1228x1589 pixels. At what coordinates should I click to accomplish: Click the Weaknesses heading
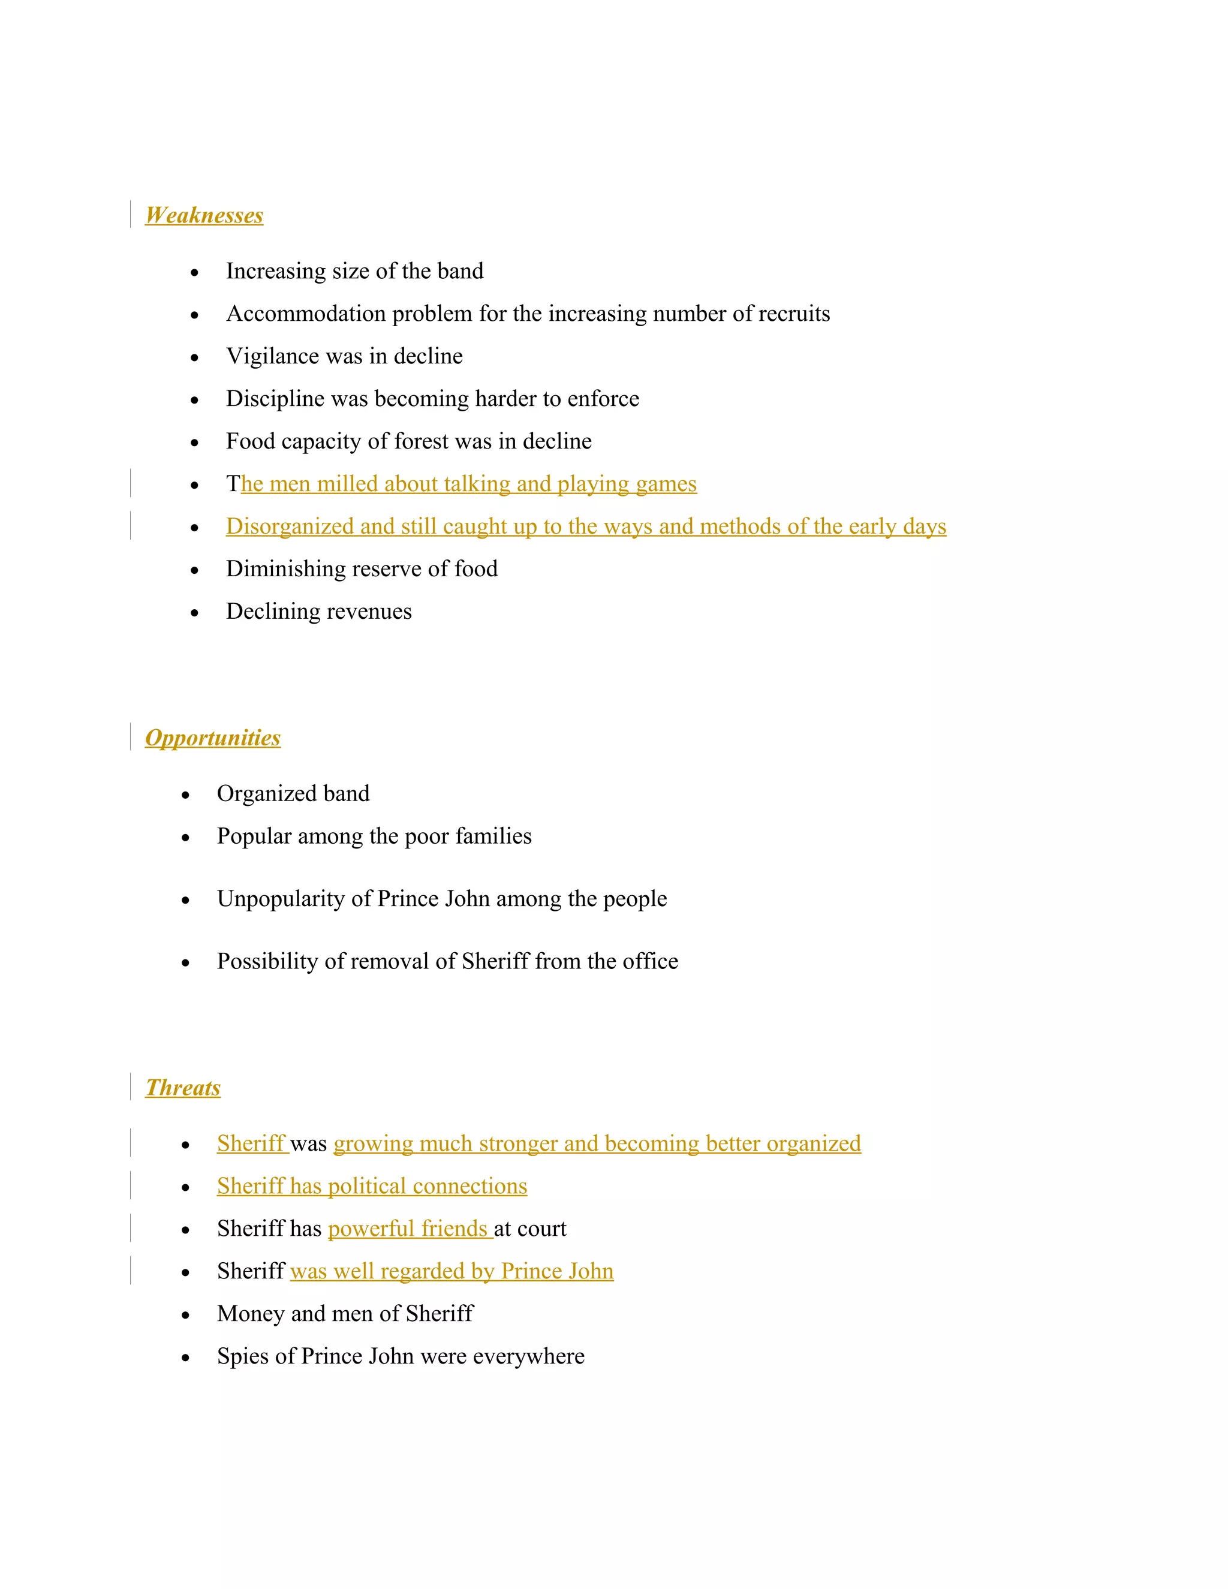pos(204,215)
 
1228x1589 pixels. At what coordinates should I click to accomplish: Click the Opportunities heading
pos(212,738)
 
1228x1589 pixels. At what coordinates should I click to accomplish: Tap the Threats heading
pos(183,1088)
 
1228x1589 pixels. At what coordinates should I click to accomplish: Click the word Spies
pos(243,1356)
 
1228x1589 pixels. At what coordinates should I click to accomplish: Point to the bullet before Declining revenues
pos(194,613)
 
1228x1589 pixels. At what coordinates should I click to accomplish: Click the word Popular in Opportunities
pos(254,836)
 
